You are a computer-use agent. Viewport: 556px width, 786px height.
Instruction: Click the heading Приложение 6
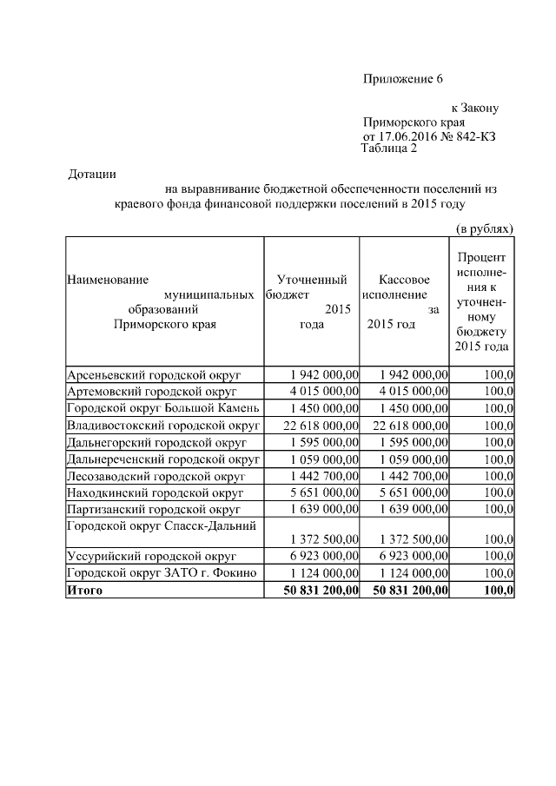tap(402, 79)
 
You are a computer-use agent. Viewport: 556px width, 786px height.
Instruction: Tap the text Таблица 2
tap(388, 149)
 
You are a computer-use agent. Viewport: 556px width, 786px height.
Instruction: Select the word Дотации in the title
tap(91, 175)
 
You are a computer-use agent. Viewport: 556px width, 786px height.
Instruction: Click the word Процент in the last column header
tap(482, 258)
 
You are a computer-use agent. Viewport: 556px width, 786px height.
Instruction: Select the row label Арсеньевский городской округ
tap(153, 374)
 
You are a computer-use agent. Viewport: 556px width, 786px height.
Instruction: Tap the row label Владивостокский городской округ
tap(163, 425)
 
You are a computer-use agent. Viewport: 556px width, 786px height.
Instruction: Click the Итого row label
tap(84, 591)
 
